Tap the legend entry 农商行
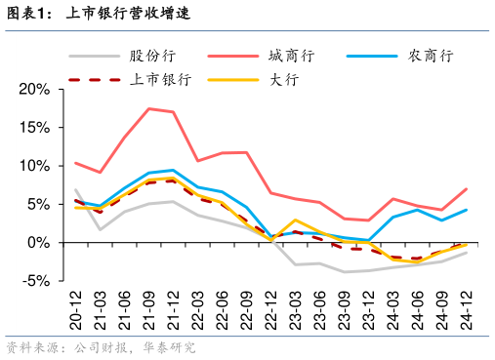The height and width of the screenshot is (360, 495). pos(430,57)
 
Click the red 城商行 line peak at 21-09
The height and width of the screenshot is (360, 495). pos(148,108)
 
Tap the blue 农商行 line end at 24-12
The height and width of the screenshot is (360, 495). pos(466,210)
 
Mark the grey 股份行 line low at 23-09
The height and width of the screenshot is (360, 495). pos(344,272)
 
